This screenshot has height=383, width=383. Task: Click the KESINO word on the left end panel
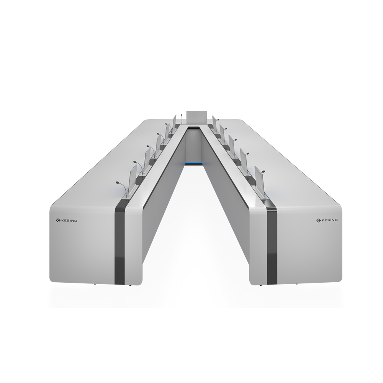click(x=69, y=221)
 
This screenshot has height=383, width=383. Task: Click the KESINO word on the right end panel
click(x=329, y=220)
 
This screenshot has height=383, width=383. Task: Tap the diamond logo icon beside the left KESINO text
click(x=58, y=221)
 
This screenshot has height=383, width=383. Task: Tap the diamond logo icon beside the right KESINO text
click(x=319, y=220)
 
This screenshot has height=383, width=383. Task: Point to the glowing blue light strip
click(x=194, y=163)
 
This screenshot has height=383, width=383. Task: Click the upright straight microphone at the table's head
click(x=182, y=119)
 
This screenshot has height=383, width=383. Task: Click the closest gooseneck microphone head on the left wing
click(x=118, y=182)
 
